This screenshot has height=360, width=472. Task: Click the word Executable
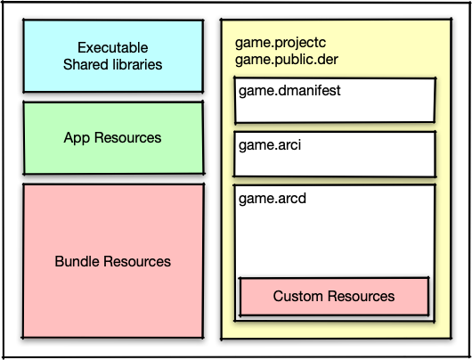click(113, 47)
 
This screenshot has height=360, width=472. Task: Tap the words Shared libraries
click(112, 64)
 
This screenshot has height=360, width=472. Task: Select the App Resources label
click(112, 138)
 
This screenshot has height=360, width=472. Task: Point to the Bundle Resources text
click(112, 261)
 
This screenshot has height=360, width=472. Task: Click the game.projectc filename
click(281, 43)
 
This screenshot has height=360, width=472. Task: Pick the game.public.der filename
click(287, 60)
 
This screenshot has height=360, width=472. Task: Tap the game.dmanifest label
click(289, 91)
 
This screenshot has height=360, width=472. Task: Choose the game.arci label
click(270, 145)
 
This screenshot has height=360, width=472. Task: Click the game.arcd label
click(273, 199)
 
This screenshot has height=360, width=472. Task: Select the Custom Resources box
click(334, 297)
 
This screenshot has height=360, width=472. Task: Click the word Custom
click(298, 296)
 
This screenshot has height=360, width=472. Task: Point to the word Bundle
click(77, 261)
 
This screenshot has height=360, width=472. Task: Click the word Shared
click(85, 64)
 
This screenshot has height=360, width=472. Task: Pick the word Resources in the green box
click(127, 138)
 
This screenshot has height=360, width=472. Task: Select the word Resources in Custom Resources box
click(361, 296)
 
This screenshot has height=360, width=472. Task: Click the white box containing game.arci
click(335, 154)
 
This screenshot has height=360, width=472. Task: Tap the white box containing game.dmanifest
click(335, 101)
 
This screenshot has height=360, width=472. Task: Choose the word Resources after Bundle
click(137, 261)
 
